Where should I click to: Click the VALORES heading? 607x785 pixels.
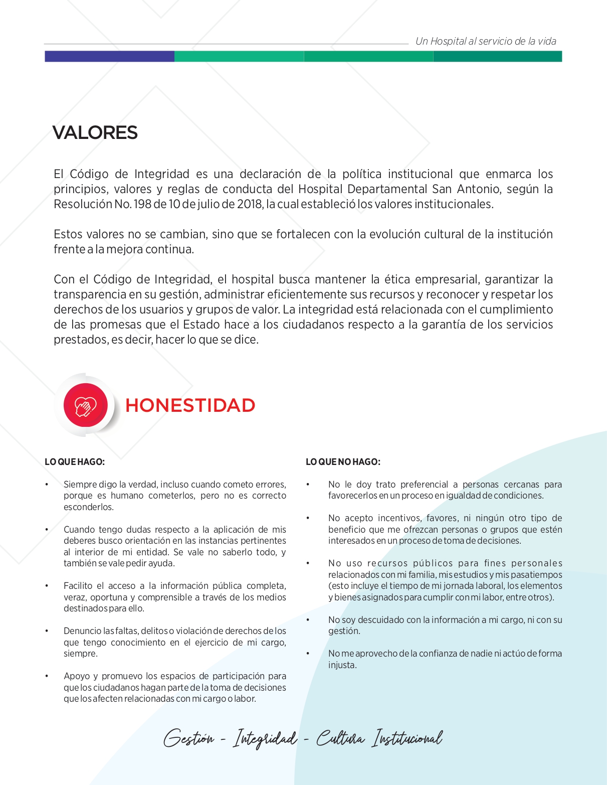tap(95, 133)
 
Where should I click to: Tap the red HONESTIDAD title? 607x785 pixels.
tap(190, 405)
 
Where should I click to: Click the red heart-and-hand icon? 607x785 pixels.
tap(85, 405)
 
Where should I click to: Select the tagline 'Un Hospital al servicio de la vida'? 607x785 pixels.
tap(486, 42)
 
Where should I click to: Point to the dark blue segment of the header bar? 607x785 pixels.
tap(109, 56)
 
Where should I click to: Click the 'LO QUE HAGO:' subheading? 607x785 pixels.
tap(75, 462)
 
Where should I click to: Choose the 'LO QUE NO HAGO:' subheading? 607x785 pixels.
tap(343, 462)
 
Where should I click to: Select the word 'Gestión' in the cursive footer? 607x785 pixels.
tap(188, 738)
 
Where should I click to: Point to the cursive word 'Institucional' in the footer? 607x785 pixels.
tap(407, 738)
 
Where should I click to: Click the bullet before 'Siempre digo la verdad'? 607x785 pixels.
tap(47, 485)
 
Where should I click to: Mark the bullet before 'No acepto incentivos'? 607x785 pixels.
tap(308, 518)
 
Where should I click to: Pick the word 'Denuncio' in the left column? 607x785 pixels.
tap(82, 631)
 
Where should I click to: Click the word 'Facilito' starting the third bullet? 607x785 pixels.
tap(78, 586)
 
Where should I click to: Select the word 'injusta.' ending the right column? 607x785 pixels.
tap(342, 665)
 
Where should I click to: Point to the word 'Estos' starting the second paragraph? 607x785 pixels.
tap(68, 234)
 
